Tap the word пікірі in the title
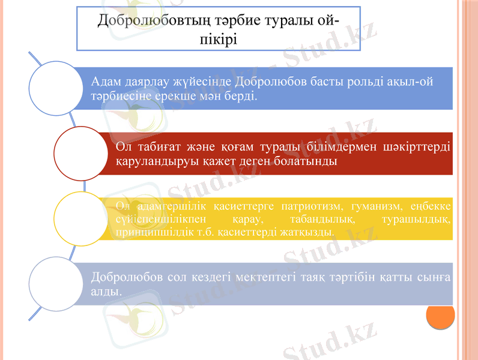tap(218, 40)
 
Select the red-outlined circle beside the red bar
tap(81, 153)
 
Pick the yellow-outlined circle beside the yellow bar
tap(81, 218)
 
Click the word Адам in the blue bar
tap(106, 81)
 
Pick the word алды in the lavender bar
tap(104, 292)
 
